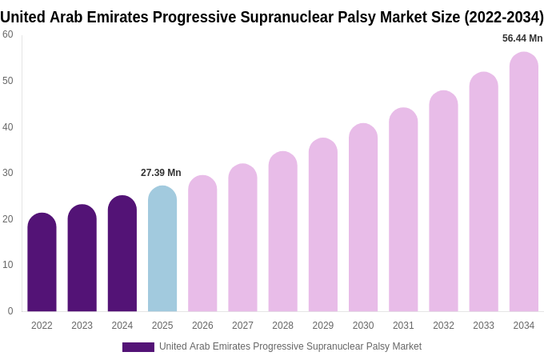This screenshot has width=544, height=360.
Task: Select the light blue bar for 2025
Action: [x=162, y=249]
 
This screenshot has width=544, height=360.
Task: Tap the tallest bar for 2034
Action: [x=524, y=182]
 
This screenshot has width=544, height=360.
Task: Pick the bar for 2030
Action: [x=363, y=218]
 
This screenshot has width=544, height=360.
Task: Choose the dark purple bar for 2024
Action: [x=122, y=254]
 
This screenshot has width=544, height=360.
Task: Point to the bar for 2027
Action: [x=242, y=238]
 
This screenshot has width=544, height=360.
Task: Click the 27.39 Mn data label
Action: [x=161, y=173]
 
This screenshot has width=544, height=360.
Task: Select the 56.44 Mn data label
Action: [x=522, y=38]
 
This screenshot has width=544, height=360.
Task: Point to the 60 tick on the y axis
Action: [x=8, y=34]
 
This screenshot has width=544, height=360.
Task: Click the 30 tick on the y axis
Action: [x=8, y=173]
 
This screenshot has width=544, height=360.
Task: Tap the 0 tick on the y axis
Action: [x=10, y=311]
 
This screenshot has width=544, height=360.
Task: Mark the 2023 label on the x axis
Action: [x=82, y=326]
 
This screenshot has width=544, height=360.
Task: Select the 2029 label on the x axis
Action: [x=323, y=326]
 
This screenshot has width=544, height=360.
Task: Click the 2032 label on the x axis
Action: [x=443, y=326]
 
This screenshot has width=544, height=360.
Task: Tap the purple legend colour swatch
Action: [x=138, y=347]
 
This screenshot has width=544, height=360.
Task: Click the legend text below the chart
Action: [x=290, y=346]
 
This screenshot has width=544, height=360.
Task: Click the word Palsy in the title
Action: [x=358, y=17]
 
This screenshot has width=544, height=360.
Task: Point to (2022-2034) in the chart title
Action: [x=503, y=17]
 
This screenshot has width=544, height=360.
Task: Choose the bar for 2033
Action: [x=483, y=192]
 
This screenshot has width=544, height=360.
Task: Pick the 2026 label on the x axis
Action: [x=202, y=326]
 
